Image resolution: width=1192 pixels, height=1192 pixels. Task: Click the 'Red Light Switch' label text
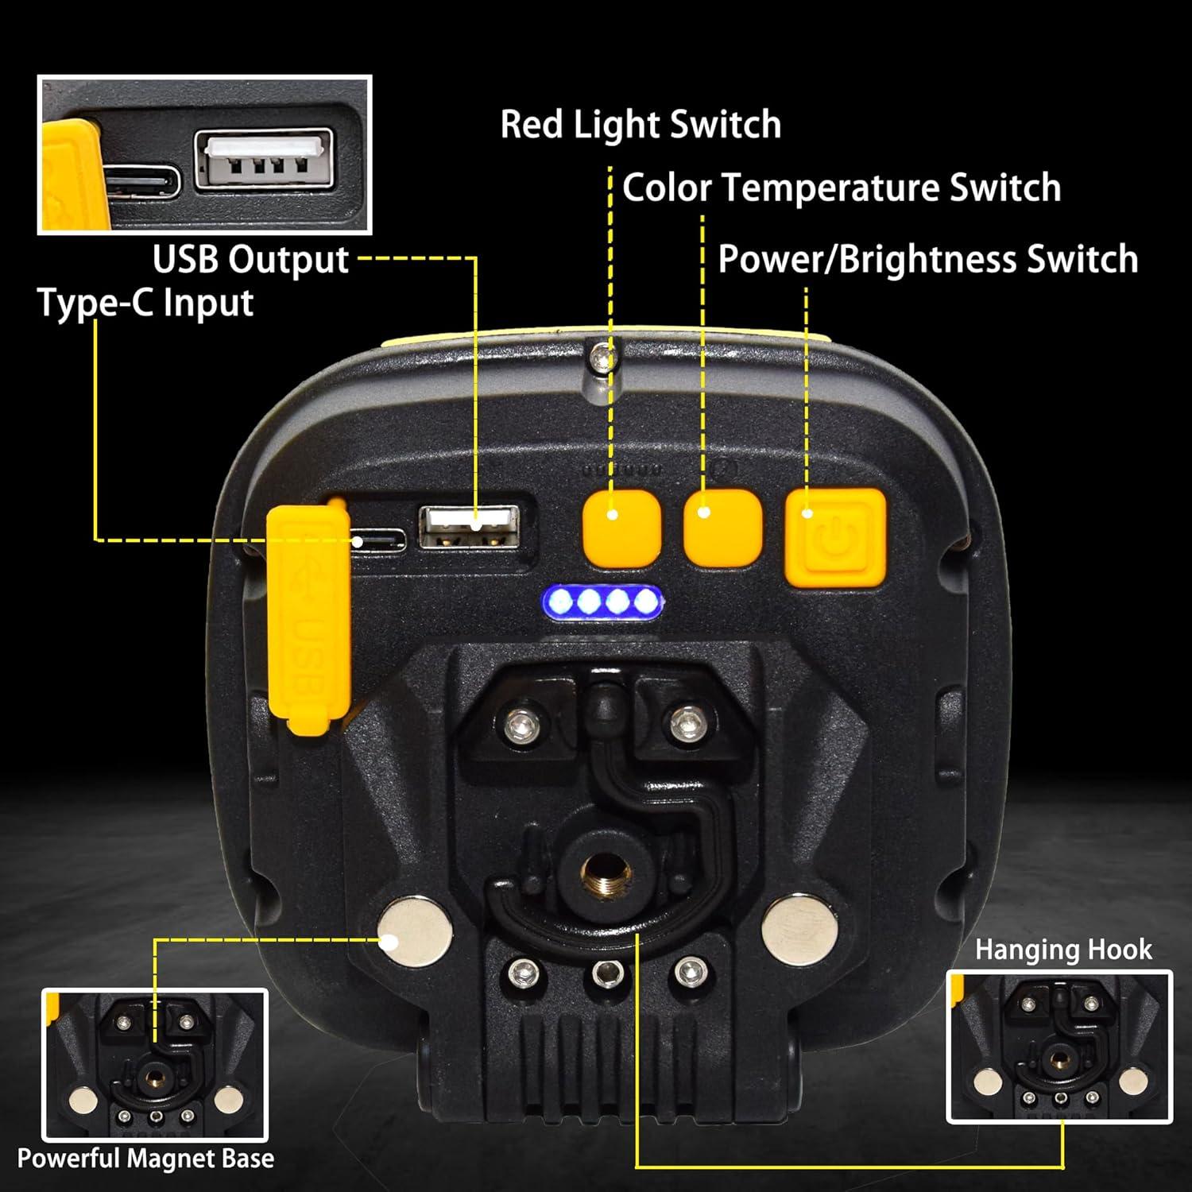[641, 125]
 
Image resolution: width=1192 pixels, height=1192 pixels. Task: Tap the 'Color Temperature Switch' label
[842, 188]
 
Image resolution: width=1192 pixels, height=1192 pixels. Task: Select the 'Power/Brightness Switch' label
[928, 260]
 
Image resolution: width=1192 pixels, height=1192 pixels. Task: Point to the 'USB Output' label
[250, 260]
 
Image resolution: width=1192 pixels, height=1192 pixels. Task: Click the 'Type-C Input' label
[145, 303]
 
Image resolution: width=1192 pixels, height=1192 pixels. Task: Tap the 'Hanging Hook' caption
[1063, 950]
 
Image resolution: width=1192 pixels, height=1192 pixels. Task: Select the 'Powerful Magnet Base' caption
[145, 1159]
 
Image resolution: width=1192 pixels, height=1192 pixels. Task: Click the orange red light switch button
[622, 528]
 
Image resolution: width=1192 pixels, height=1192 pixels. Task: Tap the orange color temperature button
[722, 528]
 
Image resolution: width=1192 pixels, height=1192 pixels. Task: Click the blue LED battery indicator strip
[604, 602]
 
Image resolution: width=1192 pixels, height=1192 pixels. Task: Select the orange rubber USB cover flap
[308, 616]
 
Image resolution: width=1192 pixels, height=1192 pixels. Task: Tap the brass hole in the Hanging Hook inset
[1058, 1058]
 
